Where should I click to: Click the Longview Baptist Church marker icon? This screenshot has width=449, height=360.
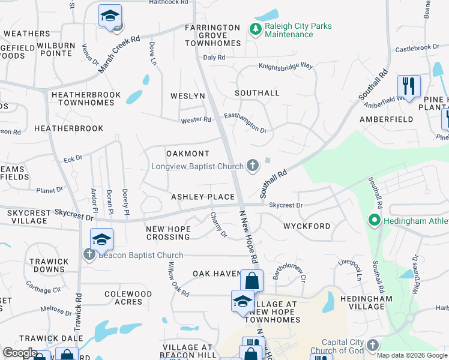[x=253, y=166]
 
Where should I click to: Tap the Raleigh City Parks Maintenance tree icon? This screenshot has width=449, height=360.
[x=255, y=29]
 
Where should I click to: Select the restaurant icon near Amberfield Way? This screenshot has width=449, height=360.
[x=409, y=86]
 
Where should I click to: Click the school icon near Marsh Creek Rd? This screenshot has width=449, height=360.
[x=110, y=16]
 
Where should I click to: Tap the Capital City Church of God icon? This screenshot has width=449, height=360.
[x=373, y=345]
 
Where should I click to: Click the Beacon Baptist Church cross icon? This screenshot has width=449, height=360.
[x=89, y=255]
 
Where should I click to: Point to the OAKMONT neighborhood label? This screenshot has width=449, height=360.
[x=187, y=154]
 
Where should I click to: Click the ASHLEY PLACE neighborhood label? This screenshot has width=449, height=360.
[x=202, y=197]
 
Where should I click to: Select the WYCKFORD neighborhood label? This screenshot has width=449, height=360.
[x=307, y=226]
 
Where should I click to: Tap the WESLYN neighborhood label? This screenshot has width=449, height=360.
[x=188, y=96]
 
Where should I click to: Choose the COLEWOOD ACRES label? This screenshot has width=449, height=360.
[x=128, y=298]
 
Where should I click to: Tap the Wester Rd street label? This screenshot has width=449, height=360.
[x=196, y=120]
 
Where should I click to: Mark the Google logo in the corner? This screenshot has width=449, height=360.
[x=20, y=353]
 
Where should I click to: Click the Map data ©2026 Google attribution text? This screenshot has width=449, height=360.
[x=412, y=355]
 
